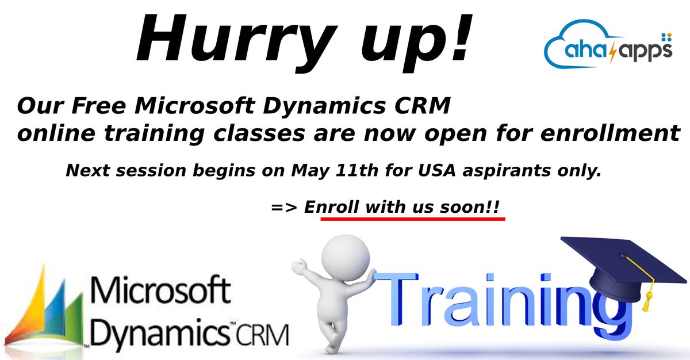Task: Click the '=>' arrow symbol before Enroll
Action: (283, 207)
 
